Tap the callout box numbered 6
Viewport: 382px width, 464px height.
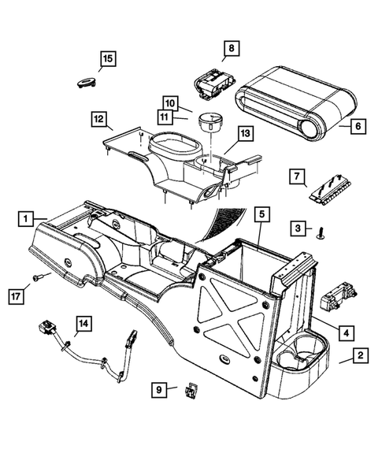point(358,125)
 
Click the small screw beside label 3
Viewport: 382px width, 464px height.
point(322,232)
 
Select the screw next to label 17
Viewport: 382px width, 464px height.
point(39,277)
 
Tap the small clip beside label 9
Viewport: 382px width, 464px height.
point(191,390)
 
